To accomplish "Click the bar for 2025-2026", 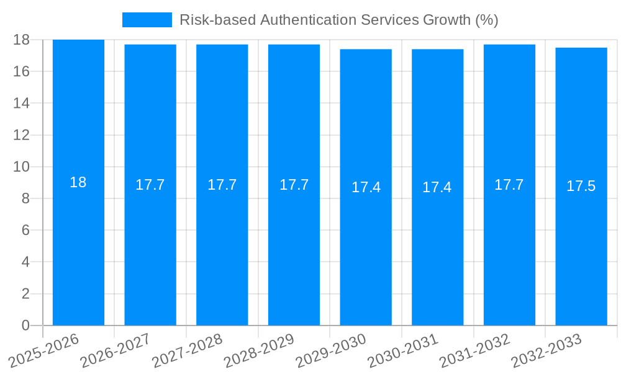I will [x=78, y=248].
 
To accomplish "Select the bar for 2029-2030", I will [x=366, y=248].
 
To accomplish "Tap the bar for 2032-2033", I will [x=581, y=248].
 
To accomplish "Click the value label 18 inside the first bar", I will [x=78, y=182].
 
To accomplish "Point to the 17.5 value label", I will [x=581, y=186].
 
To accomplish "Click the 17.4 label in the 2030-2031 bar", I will [x=437, y=187].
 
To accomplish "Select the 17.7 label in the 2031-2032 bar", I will [x=509, y=185].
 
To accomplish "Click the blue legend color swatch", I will [x=147, y=20].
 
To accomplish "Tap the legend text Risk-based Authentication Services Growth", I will [x=338, y=20].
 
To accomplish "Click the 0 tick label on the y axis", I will [x=25, y=325].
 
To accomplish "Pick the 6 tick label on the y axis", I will [x=25, y=230].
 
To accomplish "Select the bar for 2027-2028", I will [x=222, y=248].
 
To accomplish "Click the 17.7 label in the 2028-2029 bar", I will [x=294, y=185].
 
